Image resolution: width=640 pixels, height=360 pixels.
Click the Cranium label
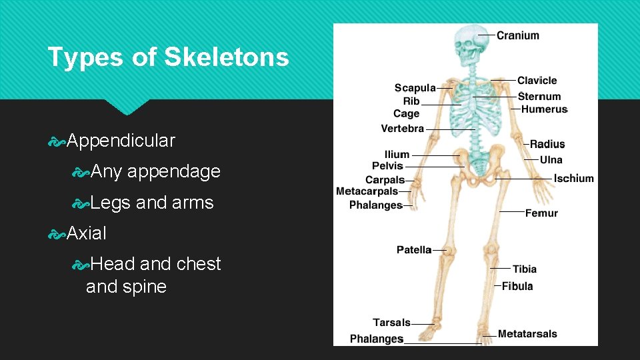click(518, 35)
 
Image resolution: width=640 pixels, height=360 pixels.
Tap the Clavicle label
click(537, 81)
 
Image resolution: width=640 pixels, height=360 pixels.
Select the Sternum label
click(539, 97)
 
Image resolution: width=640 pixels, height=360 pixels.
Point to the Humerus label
click(544, 109)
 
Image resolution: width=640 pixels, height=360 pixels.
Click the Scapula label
click(415, 88)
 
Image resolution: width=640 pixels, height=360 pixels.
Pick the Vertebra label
click(403, 129)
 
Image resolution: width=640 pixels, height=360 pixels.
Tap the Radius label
click(547, 144)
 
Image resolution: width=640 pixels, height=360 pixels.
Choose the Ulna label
click(551, 160)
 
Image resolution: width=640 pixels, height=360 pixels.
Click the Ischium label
click(573, 179)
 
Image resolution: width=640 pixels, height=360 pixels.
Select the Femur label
click(541, 213)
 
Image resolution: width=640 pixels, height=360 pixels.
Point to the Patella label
click(414, 250)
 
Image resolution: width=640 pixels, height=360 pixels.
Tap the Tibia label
click(525, 269)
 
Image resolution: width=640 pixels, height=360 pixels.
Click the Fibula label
click(517, 287)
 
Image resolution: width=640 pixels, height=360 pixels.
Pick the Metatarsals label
click(527, 334)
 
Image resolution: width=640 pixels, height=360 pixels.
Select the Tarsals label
click(391, 323)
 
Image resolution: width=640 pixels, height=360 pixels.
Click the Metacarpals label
click(367, 192)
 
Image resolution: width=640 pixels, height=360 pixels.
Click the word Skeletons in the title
click(227, 57)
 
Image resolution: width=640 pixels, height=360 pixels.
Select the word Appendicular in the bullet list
click(121, 141)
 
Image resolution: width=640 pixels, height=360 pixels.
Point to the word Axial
click(86, 233)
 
